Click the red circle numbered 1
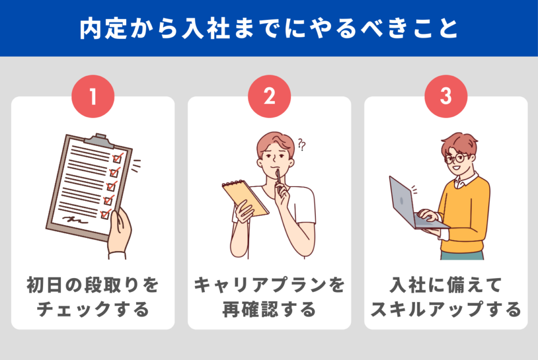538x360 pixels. click(92, 96)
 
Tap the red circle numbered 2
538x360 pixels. click(270, 96)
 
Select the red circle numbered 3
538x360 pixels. click(446, 96)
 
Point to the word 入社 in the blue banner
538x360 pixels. click(205, 28)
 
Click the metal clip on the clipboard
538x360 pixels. click(100, 140)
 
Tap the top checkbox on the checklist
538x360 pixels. click(118, 158)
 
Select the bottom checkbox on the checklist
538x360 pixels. click(106, 214)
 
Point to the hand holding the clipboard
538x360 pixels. click(119, 234)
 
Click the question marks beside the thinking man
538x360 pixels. click(302, 145)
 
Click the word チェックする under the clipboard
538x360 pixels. click(92, 309)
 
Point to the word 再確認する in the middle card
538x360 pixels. click(270, 309)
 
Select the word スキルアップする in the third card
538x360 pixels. click(446, 309)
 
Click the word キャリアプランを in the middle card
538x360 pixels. click(270, 285)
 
